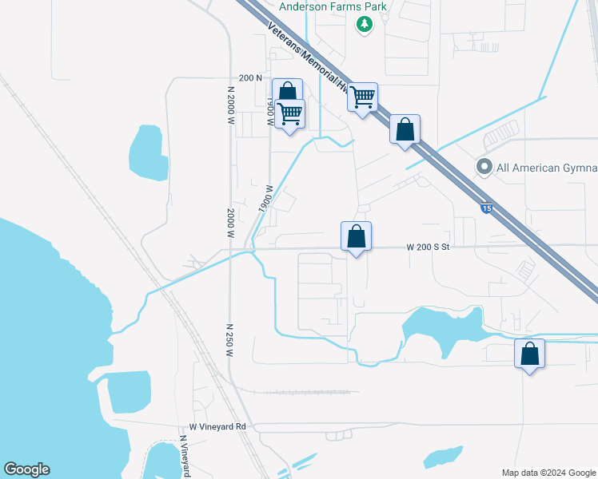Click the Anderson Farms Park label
[x=333, y=7]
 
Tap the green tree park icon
[x=365, y=25]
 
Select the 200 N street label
[x=250, y=78]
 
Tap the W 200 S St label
[x=429, y=247]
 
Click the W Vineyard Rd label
[x=217, y=427]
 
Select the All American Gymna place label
[x=547, y=168]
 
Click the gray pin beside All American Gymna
[x=484, y=167]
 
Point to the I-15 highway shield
[x=486, y=208]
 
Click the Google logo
[x=26, y=469]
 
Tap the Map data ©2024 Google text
[x=548, y=473]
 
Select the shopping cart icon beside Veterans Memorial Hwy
[x=363, y=98]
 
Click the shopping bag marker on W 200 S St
[x=357, y=237]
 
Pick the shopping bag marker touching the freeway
[x=405, y=129]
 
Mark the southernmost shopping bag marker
[x=529, y=354]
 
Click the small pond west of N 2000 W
[x=149, y=152]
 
